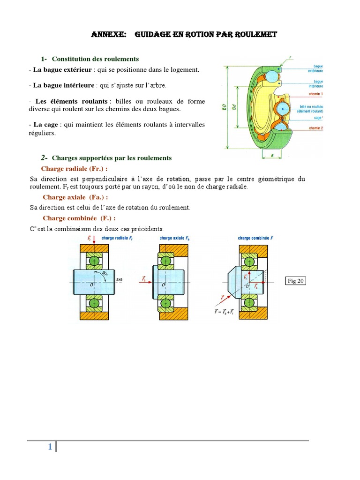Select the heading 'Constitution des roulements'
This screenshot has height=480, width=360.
(x=95, y=59)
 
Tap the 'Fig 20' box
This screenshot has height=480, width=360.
(x=295, y=281)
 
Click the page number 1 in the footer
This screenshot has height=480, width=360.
(x=50, y=447)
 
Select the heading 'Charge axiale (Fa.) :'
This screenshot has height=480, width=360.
(x=75, y=197)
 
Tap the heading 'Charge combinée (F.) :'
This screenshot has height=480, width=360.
(x=79, y=218)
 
